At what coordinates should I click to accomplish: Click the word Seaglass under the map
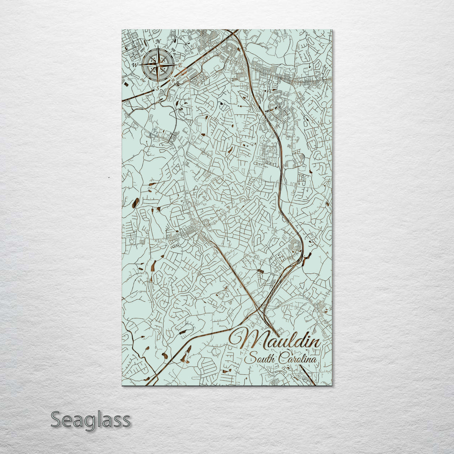tap(90, 420)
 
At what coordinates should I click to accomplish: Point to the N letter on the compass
tap(158, 42)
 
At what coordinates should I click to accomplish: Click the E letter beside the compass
tap(180, 66)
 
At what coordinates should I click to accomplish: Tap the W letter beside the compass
tap(135, 66)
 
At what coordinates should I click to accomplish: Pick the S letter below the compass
tap(157, 89)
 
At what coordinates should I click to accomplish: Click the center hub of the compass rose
tap(158, 65)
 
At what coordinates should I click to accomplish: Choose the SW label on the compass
tap(143, 80)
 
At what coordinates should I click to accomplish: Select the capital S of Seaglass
tap(57, 420)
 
